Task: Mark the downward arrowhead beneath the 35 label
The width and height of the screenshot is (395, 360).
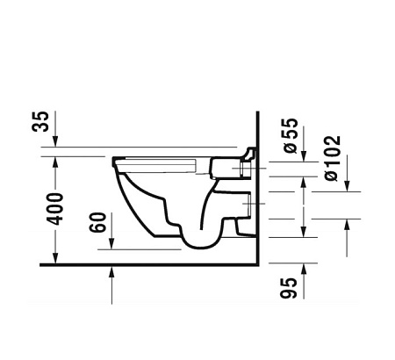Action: (x=56, y=144)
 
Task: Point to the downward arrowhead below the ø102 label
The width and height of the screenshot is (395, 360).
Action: (x=346, y=186)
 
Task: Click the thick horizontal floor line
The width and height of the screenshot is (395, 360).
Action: (x=149, y=263)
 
